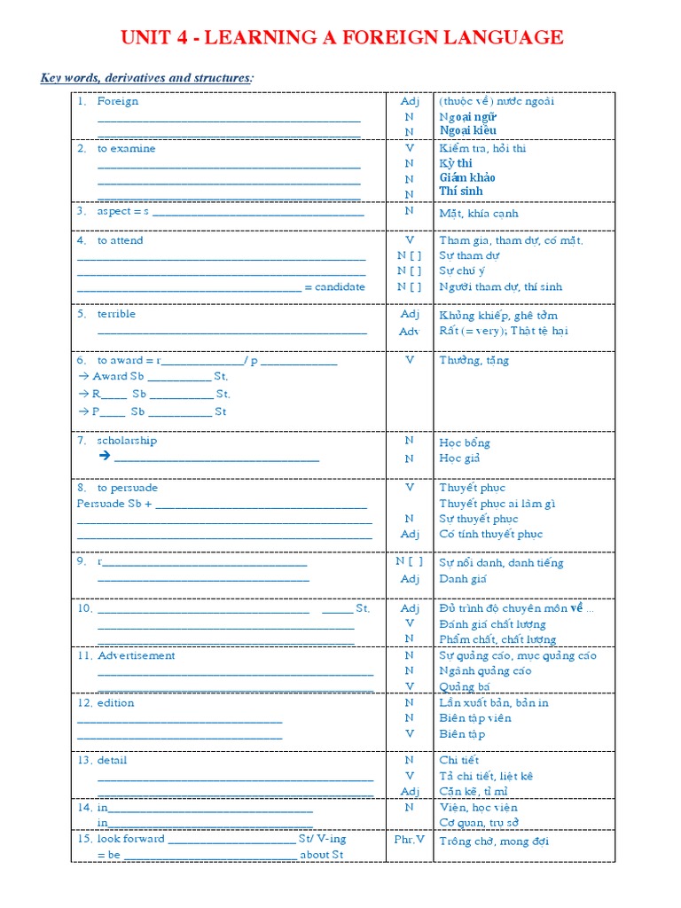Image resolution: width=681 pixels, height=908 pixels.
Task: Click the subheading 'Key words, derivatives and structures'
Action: [146, 78]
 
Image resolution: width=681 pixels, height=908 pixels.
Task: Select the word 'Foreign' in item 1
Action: [118, 101]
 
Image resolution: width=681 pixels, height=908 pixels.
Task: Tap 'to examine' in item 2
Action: [126, 149]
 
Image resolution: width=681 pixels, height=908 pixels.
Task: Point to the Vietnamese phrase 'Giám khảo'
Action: [467, 177]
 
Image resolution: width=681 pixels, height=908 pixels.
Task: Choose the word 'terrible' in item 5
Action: [116, 314]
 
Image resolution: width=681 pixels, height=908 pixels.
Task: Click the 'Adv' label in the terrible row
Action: [409, 331]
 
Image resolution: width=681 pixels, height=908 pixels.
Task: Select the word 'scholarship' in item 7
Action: [127, 441]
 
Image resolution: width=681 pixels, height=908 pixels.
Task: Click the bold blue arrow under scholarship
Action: [104, 456]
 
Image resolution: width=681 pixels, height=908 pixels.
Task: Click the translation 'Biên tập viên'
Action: [474, 718]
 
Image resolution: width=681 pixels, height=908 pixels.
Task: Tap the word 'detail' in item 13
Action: [113, 761]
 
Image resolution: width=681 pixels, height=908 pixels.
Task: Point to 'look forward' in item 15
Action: [130, 839]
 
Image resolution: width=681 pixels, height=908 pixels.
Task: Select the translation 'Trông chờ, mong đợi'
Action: [494, 841]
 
